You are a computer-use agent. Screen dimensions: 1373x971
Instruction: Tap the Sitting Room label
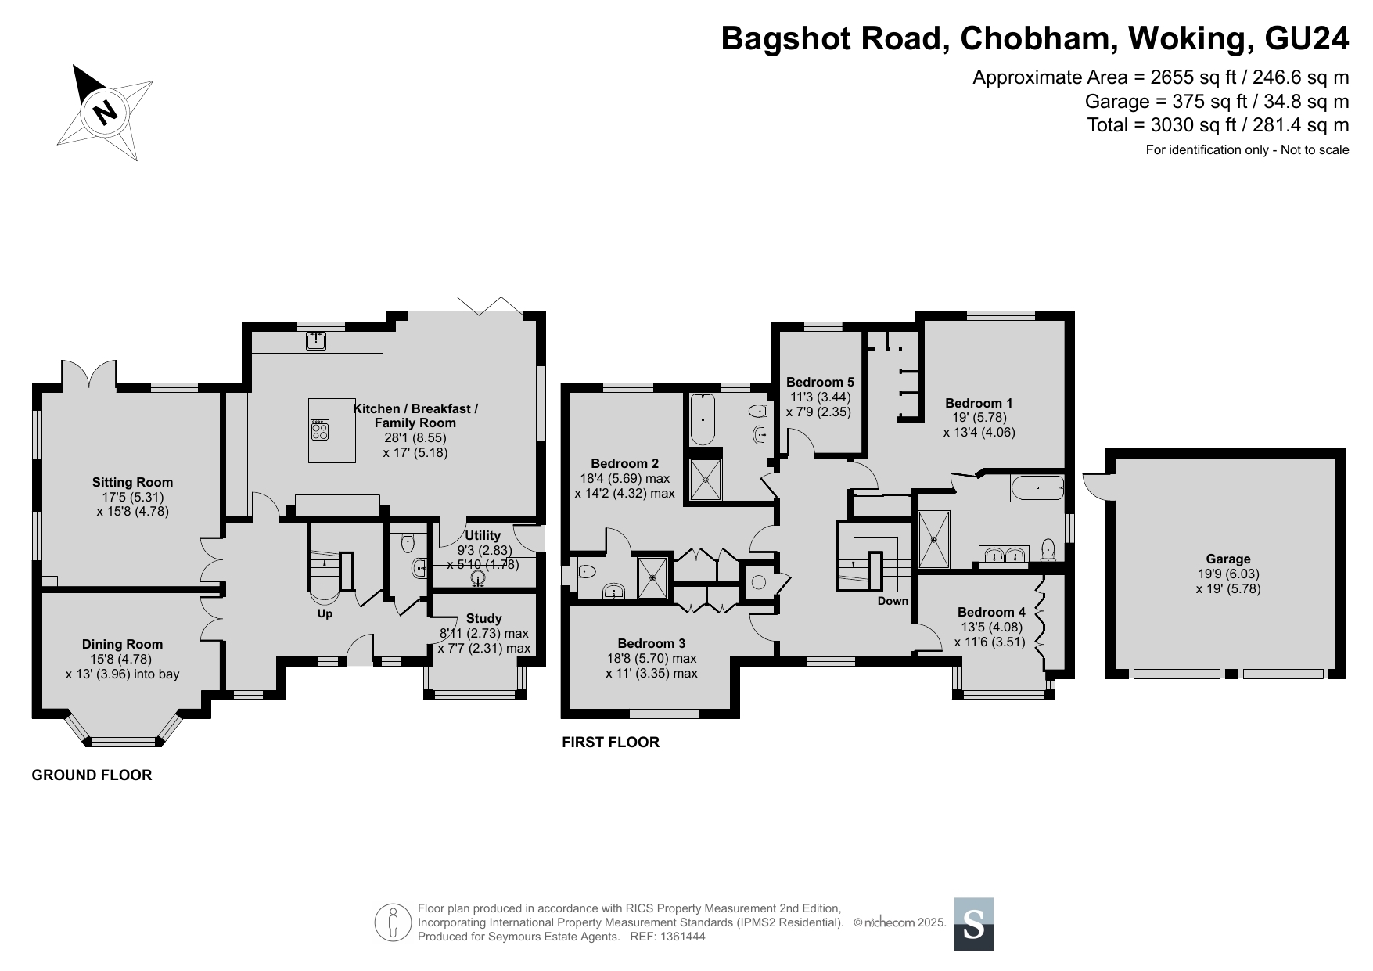click(132, 482)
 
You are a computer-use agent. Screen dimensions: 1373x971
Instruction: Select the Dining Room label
click(123, 644)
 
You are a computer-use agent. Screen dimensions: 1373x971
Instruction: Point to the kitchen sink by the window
click(316, 341)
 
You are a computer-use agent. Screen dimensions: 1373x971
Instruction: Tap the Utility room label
click(483, 536)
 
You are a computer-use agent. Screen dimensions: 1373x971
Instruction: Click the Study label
click(483, 618)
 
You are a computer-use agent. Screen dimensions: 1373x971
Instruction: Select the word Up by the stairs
click(325, 613)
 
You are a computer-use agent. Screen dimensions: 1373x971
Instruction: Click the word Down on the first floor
click(893, 601)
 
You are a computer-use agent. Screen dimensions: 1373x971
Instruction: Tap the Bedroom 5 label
click(820, 382)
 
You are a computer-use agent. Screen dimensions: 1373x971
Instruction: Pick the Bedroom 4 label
click(991, 612)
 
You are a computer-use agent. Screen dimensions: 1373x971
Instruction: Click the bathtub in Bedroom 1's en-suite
click(1037, 488)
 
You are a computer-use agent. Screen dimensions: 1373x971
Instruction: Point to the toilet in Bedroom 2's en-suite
click(587, 571)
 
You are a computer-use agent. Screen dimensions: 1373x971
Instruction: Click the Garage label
click(1227, 559)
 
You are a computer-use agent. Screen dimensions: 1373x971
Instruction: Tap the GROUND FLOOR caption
click(92, 775)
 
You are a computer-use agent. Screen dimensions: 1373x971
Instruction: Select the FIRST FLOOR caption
click(611, 742)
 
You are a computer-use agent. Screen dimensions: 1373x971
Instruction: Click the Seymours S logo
click(974, 924)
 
